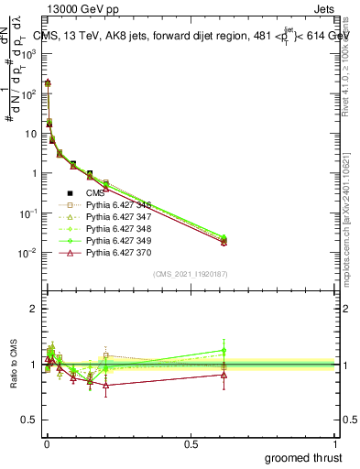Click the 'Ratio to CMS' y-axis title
coord(12,366)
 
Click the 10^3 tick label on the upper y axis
coord(28,54)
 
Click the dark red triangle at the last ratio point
coord(224,375)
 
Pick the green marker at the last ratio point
coord(224,350)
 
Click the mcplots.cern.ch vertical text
coord(351,220)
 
